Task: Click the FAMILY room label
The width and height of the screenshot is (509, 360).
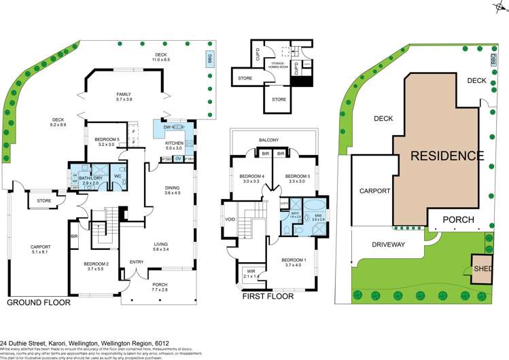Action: (124, 97)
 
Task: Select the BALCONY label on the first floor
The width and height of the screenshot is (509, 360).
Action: (268, 140)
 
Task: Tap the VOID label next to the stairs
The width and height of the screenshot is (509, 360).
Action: (230, 219)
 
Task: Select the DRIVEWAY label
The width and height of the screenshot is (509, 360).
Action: (388, 244)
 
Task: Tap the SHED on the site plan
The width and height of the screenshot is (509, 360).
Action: (482, 267)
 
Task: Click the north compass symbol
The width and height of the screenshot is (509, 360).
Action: (499, 5)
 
